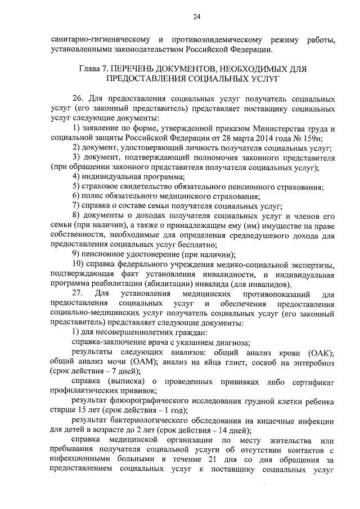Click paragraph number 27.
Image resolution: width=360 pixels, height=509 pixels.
point(78,294)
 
